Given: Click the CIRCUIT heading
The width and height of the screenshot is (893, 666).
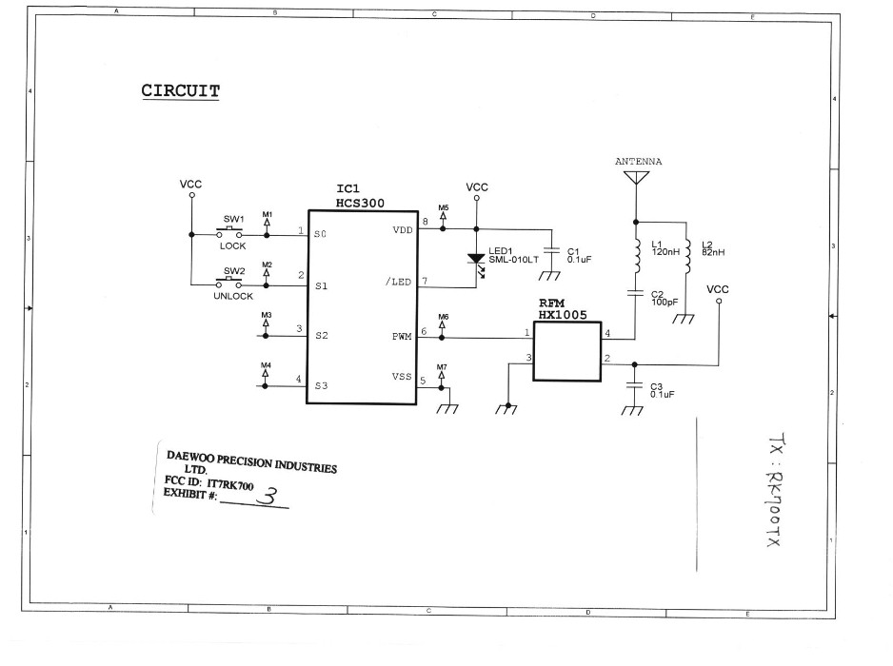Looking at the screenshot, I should pos(181,91).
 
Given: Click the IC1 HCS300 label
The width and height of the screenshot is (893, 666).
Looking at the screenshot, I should pos(360,196).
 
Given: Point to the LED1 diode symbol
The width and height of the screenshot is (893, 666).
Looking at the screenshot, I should pos(477,259).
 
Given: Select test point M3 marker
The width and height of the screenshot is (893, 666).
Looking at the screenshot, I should pos(266,323).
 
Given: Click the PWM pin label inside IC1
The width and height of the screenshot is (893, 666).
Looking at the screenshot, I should pos(402,336).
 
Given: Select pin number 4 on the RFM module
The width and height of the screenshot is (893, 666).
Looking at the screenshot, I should pos(607,332).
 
